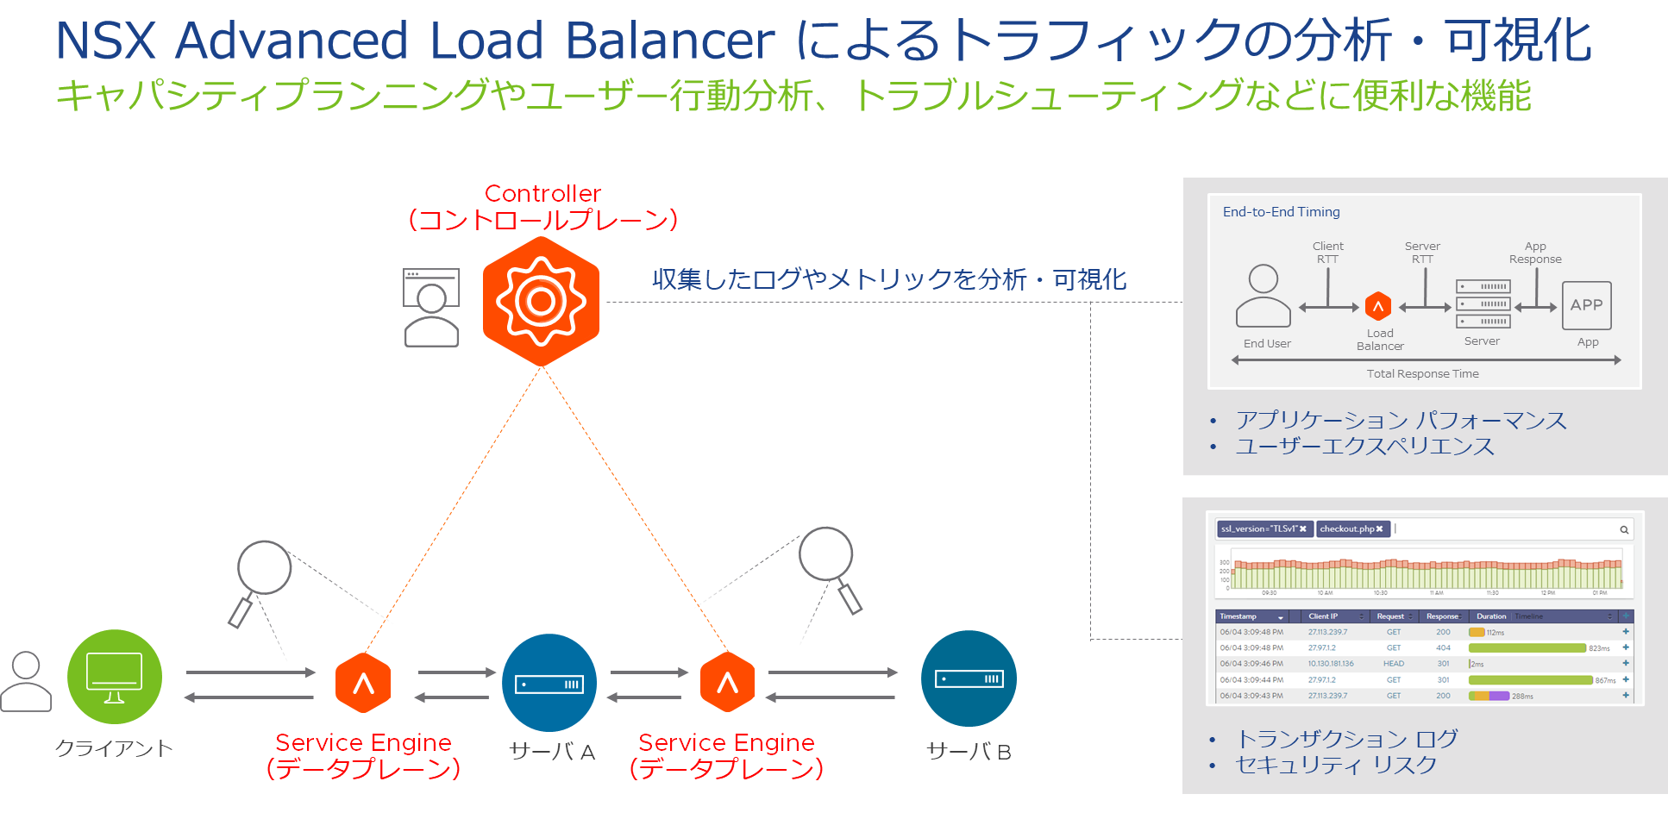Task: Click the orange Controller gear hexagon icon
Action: pyautogui.click(x=541, y=301)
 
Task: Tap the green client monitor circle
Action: pyautogui.click(x=115, y=677)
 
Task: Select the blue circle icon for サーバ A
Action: pyautogui.click(x=549, y=683)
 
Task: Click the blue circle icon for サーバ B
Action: pyautogui.click(x=969, y=678)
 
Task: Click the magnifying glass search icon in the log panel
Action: pyautogui.click(x=1624, y=529)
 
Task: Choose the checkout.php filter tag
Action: pyautogui.click(x=1351, y=529)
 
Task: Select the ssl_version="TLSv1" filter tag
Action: pyautogui.click(x=1264, y=529)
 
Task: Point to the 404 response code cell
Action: pyautogui.click(x=1443, y=647)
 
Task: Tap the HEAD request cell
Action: pyautogui.click(x=1394, y=664)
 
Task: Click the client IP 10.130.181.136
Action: pyautogui.click(x=1331, y=664)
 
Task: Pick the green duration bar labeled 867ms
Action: pyautogui.click(x=1530, y=680)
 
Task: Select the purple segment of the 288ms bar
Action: pyautogui.click(x=1499, y=696)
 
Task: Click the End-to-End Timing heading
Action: pyautogui.click(x=1281, y=212)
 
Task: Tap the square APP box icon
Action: pyautogui.click(x=1586, y=305)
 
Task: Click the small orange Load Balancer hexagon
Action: pyautogui.click(x=1378, y=306)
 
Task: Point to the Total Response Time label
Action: pyautogui.click(x=1422, y=374)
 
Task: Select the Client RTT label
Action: pyautogui.click(x=1327, y=253)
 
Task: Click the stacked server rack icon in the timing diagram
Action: pyautogui.click(x=1483, y=303)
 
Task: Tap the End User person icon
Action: pyautogui.click(x=1264, y=296)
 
